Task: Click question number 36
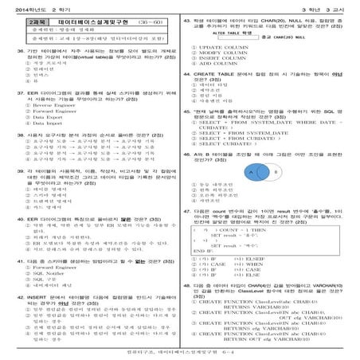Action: coord(18,50)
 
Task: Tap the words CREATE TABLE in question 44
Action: coord(218,94)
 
